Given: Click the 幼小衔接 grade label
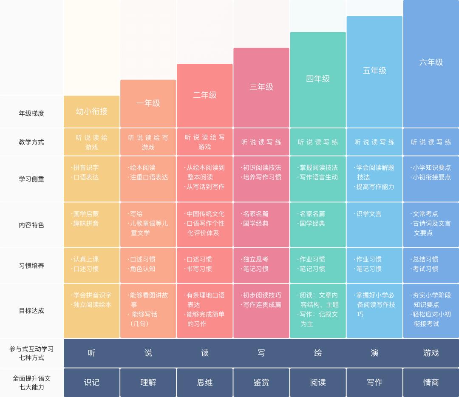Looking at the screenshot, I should [91, 111].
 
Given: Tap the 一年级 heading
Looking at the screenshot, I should [148, 103].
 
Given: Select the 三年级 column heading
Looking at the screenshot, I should [261, 87].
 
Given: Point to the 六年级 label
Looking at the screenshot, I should [431, 62].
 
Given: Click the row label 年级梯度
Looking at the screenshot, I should [31, 113].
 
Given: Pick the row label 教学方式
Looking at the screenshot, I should [31, 142].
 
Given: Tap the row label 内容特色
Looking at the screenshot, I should [31, 225].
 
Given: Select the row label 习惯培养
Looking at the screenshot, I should [31, 266].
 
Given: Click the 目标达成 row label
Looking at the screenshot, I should [31, 311].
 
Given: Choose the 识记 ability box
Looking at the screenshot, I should [91, 383].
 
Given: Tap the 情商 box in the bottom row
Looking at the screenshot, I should [431, 383].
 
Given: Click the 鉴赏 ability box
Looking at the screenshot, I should [261, 383].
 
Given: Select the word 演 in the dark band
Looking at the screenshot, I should [374, 353].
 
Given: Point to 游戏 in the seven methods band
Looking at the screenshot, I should [431, 353].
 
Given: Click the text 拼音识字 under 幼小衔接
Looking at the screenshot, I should [86, 167].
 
